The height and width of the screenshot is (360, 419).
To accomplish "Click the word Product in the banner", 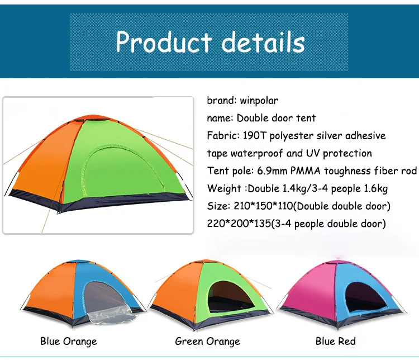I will click(x=162, y=42).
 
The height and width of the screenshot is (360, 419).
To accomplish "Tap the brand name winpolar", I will click(x=259, y=101).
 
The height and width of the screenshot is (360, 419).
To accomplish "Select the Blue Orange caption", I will click(x=68, y=341).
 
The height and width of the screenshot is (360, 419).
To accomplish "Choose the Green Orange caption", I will click(x=207, y=341).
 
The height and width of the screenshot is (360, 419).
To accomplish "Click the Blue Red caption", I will click(x=335, y=341).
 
